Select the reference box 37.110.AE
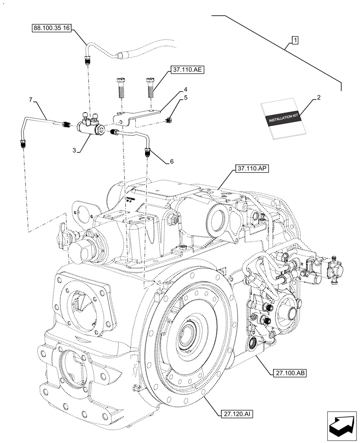coord(186,70)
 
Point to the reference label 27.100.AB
coord(287,373)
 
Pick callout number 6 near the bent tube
coord(171,162)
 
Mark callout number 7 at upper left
coord(31,100)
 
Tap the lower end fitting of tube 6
coord(147,154)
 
